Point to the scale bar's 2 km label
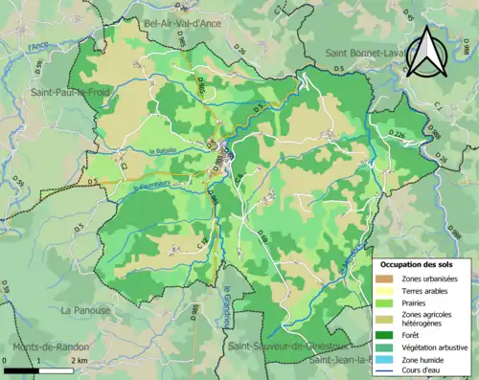[80, 359]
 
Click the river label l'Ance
[38, 45]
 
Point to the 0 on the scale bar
[7, 359]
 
